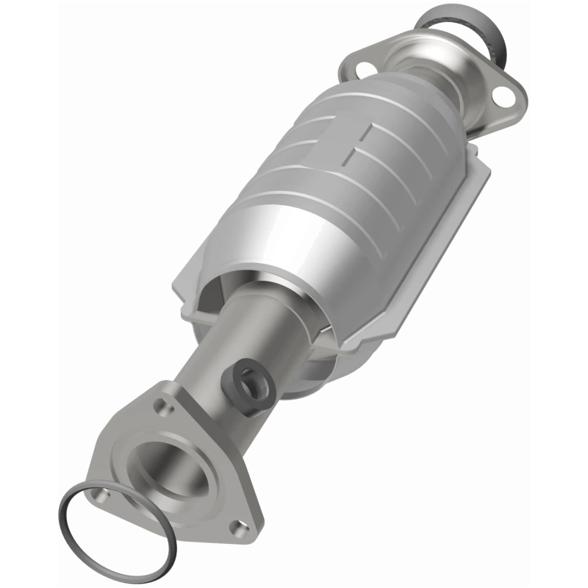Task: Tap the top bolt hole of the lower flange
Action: click(159, 404)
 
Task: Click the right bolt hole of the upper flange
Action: click(504, 96)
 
